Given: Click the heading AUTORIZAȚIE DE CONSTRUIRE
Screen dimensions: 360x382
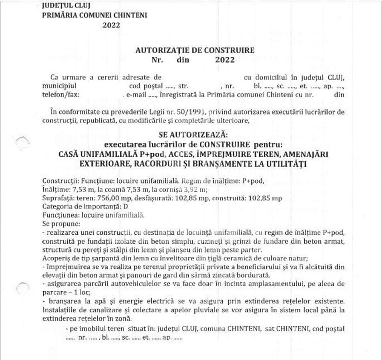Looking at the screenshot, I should click(195, 51).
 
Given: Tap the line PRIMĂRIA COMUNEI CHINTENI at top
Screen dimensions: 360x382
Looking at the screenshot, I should click(94, 16).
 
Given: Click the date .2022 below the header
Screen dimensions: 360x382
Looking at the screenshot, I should click(111, 25).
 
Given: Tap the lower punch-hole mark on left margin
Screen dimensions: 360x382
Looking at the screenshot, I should click(24, 287).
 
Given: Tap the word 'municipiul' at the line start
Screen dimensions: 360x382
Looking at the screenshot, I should click(58, 86).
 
